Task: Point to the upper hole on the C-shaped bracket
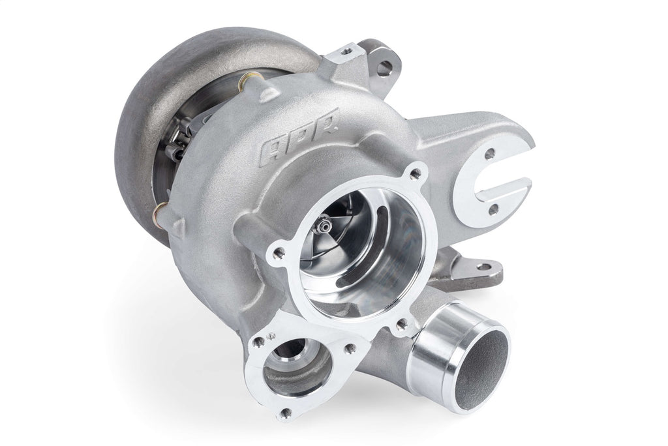click(490, 155)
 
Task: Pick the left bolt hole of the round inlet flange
click(279, 252)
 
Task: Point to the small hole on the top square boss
click(347, 50)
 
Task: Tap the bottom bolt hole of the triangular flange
click(285, 411)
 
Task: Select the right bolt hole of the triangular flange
click(350, 348)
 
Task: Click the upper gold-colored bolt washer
click(247, 82)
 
